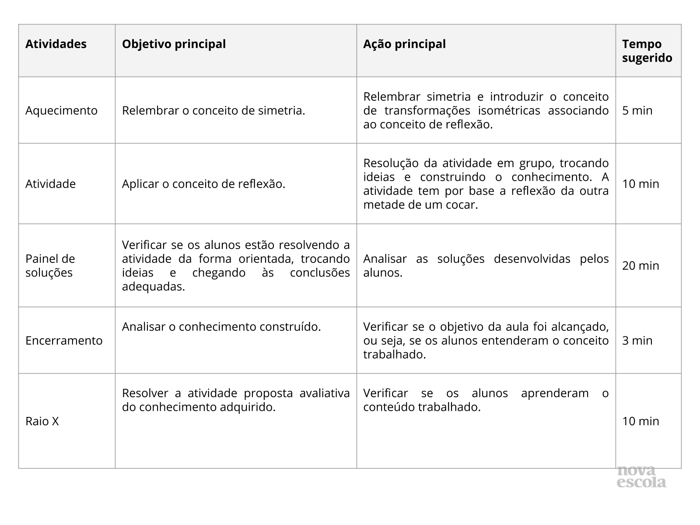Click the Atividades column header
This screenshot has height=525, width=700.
[56, 44]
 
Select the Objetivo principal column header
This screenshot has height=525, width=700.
[174, 44]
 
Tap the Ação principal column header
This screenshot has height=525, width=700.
[404, 44]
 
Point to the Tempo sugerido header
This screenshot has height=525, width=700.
[647, 51]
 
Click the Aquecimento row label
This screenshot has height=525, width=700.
[61, 111]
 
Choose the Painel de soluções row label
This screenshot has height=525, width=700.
[50, 266]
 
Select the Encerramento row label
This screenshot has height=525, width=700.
[64, 341]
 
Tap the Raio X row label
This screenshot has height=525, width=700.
[42, 421]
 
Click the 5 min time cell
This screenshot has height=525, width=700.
[637, 111]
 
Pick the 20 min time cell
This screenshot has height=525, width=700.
[640, 266]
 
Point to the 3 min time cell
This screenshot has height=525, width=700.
[637, 341]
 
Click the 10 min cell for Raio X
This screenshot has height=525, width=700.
[640, 421]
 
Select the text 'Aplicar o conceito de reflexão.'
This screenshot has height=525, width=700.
[203, 184]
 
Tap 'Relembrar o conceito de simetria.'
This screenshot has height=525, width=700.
[213, 111]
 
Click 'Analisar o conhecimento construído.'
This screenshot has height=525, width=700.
[221, 327]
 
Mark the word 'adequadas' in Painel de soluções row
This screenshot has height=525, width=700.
[152, 287]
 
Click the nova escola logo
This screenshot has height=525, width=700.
[641, 477]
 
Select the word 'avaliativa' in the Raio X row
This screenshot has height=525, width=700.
[324, 393]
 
